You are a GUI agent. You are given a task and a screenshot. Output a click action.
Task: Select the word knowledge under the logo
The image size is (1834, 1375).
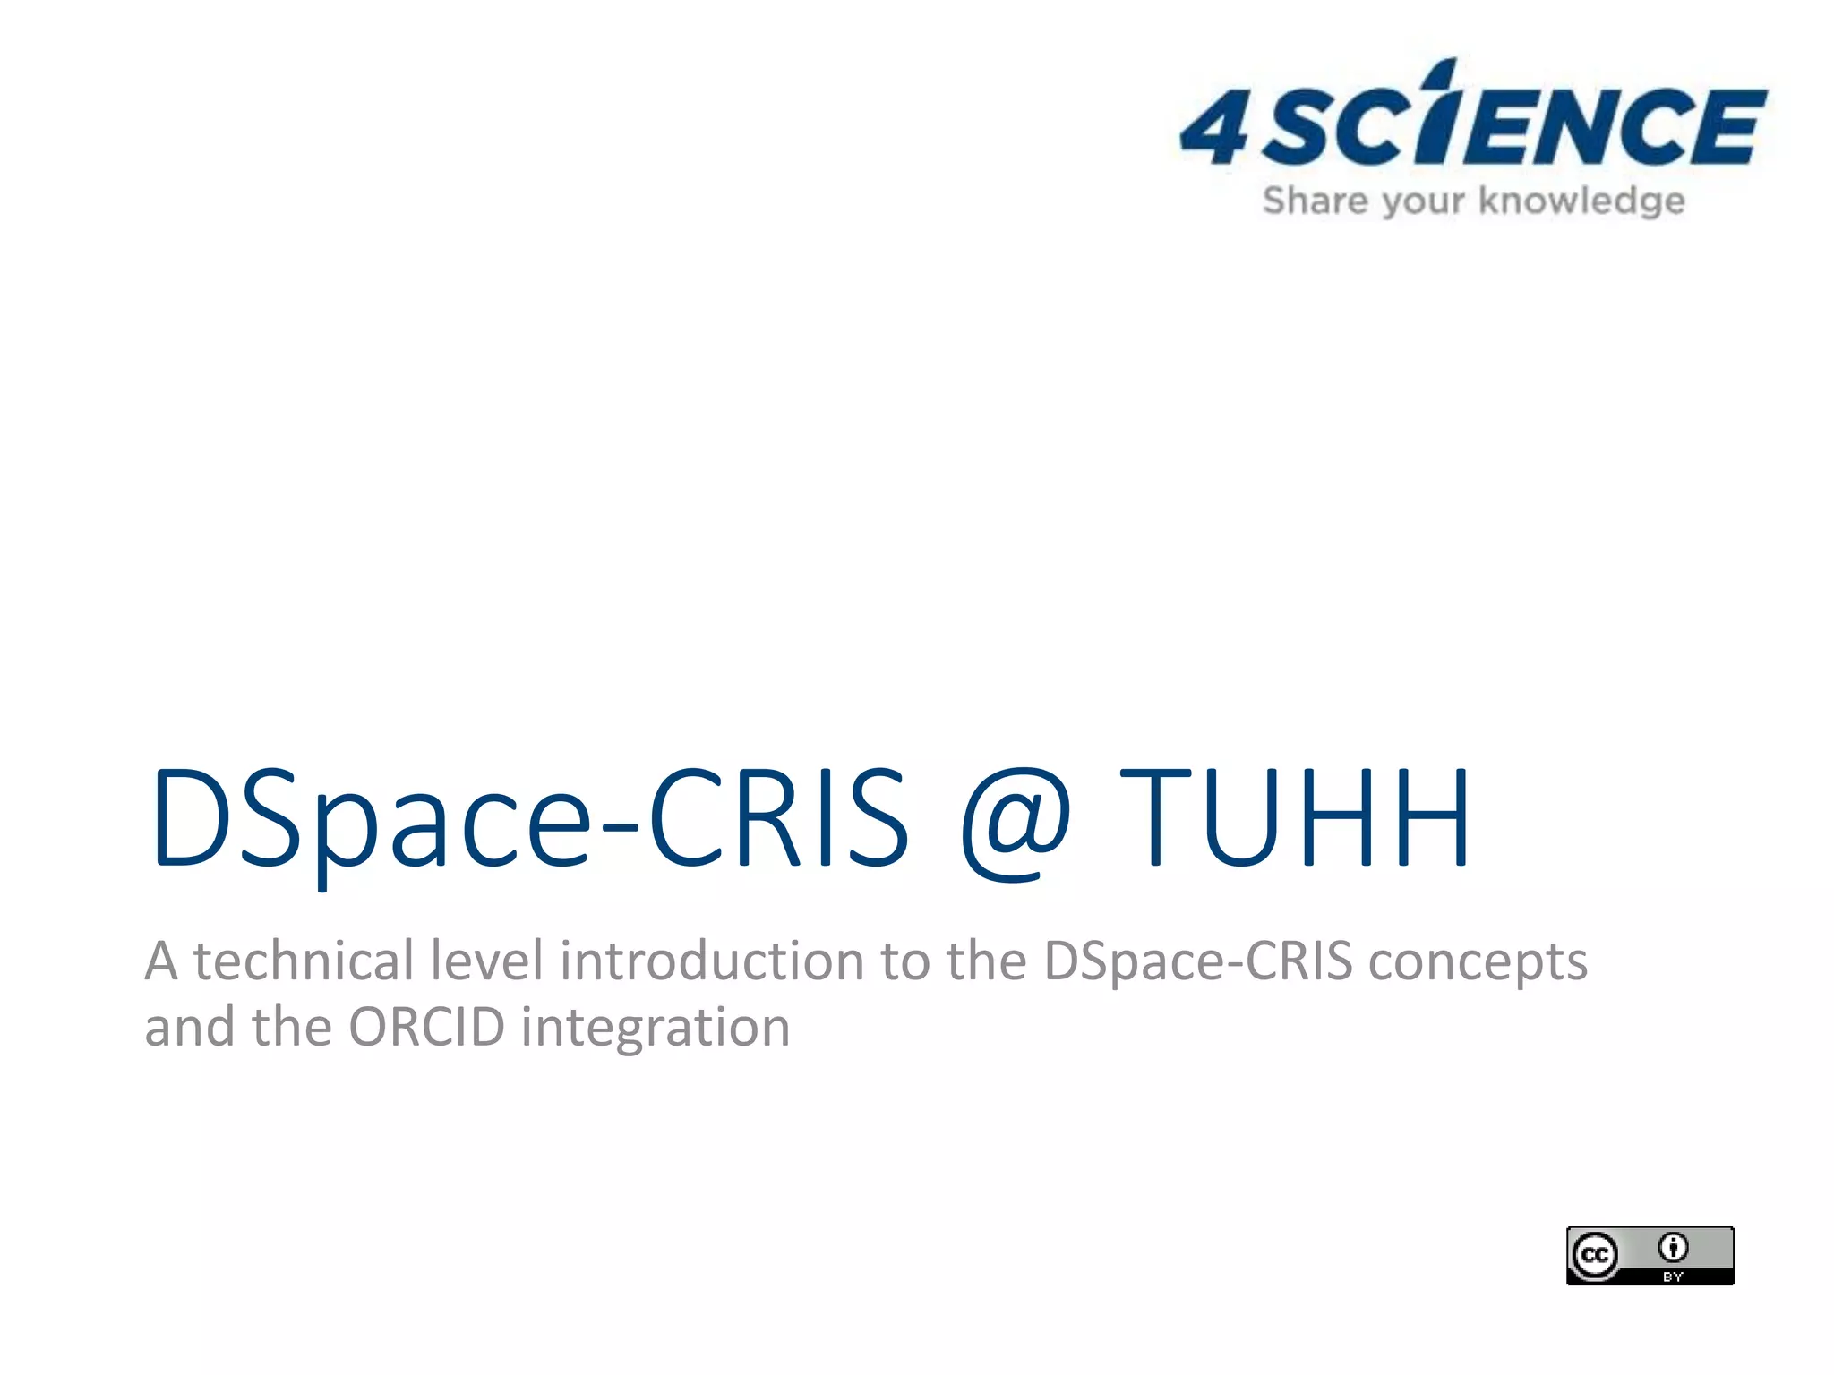click(x=1581, y=201)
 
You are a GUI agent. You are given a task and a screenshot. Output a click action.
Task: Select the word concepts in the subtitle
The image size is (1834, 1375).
click(x=1478, y=962)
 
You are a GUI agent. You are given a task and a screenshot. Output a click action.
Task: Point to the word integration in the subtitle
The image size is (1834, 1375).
click(x=656, y=1029)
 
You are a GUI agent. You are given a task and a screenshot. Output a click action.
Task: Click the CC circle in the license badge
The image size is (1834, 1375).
click(x=1595, y=1256)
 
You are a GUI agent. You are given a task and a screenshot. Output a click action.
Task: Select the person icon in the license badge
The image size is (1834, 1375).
click(x=1673, y=1246)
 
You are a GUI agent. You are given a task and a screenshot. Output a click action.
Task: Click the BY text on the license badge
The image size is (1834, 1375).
click(x=1673, y=1277)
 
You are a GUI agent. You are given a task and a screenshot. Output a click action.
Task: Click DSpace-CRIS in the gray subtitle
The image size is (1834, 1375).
click(x=1198, y=962)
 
